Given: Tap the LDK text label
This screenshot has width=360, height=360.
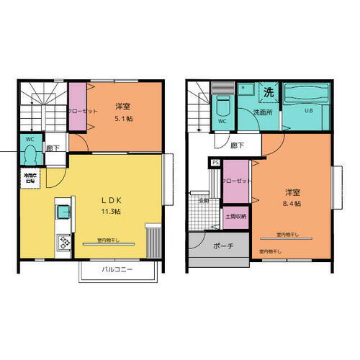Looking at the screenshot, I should tap(107, 200).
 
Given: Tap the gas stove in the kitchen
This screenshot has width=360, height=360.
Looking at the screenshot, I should tap(61, 243).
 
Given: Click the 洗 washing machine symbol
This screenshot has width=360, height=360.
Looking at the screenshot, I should tap(268, 92).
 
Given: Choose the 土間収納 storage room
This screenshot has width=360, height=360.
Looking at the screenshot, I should tap(235, 216).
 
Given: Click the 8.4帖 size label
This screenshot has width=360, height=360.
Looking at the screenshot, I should tap(292, 204).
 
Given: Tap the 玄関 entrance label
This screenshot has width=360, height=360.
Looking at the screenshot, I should tap(204, 201).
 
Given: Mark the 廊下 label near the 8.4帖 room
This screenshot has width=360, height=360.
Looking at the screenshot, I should tap(238, 145).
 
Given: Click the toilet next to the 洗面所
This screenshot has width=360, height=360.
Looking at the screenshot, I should tap(222, 108).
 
